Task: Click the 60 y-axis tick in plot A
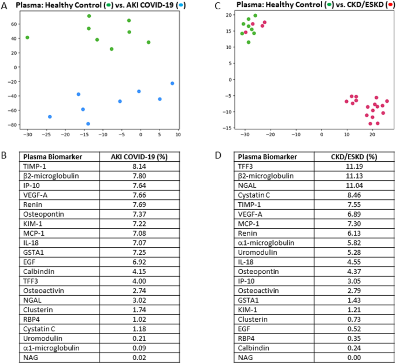coord(15,24)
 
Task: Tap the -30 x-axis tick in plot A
coord(27,134)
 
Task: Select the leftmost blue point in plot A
coord(50,117)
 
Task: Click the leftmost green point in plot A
coord(27,38)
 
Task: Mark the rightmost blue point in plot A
coord(172,83)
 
